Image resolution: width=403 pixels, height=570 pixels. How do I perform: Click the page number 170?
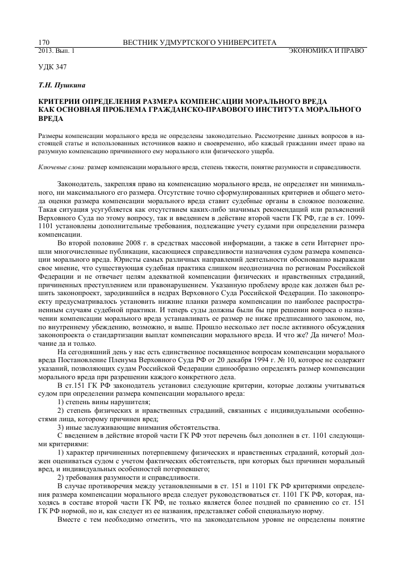[44, 43]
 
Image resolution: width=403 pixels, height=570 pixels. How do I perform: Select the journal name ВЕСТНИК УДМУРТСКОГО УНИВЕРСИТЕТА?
[200, 43]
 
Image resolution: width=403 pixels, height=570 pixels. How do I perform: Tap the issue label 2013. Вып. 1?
[56, 51]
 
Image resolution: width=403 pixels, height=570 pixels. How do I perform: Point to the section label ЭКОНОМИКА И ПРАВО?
[326, 51]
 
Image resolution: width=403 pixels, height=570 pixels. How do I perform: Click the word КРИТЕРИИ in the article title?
[60, 99]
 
